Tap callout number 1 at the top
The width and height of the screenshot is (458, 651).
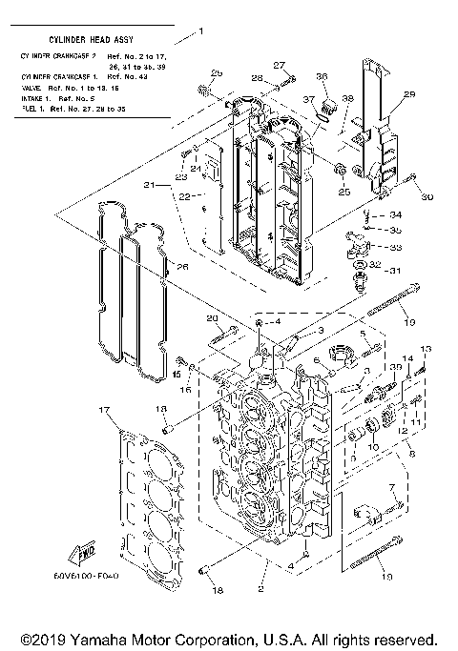tap(201, 31)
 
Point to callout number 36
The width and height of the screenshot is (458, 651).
tap(322, 77)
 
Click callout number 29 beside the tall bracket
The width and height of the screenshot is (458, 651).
tap(409, 94)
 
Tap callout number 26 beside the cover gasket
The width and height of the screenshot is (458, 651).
tap(181, 267)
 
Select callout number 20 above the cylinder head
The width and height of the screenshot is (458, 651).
tap(213, 317)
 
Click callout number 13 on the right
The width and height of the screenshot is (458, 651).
tap(426, 349)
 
